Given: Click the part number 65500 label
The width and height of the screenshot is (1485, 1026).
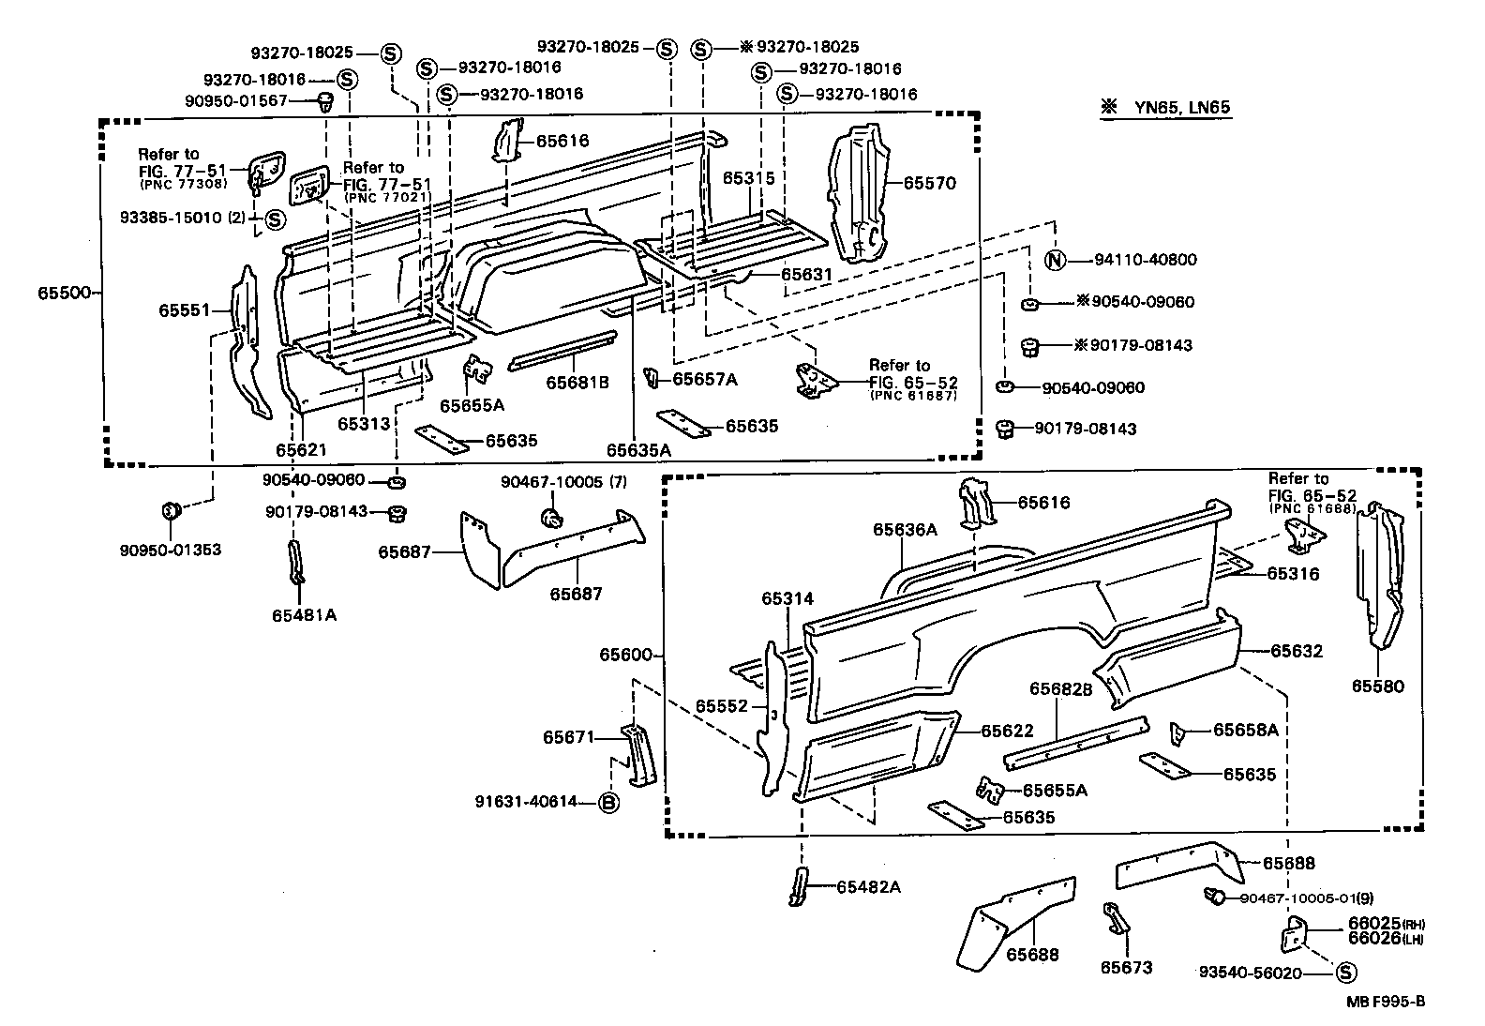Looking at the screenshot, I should [64, 293].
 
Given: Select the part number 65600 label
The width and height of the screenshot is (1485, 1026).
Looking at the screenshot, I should [626, 656].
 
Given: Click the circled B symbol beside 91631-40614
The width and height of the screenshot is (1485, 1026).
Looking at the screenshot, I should [607, 802].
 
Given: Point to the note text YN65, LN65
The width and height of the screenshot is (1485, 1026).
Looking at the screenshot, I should [1183, 108].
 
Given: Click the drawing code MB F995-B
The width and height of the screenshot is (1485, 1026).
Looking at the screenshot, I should [1386, 1002].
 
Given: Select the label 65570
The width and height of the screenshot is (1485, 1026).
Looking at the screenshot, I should [929, 184].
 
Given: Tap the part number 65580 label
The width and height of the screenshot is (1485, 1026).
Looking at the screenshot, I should [1377, 687].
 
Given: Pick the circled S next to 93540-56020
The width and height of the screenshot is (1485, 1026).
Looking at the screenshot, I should [1343, 973].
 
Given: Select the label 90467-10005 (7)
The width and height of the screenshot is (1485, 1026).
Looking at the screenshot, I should [562, 482].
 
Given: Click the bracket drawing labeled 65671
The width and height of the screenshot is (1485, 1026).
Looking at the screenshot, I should [640, 755].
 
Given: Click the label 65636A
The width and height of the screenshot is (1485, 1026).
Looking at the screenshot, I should [905, 529].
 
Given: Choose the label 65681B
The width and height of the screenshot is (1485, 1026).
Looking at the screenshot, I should [577, 383].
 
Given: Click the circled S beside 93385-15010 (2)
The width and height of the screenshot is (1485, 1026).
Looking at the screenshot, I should [274, 219].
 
